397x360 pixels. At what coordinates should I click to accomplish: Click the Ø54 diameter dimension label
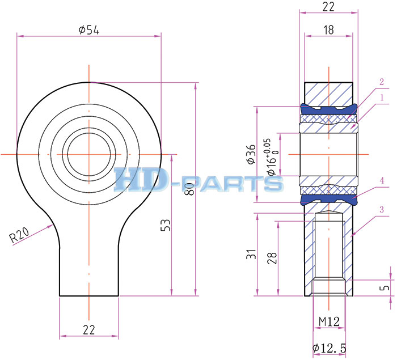(x=89, y=30)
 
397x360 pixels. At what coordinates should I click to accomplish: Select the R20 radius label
(x=19, y=235)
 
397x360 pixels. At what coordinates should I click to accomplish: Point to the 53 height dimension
(x=166, y=225)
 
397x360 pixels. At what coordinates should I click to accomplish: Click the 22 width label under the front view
(x=89, y=330)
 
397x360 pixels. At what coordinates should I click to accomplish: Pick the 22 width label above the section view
(x=328, y=7)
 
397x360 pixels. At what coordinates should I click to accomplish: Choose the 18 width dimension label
(x=328, y=30)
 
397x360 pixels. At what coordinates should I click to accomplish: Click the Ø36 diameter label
(x=251, y=154)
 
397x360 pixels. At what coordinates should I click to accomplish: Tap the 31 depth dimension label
(x=251, y=254)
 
